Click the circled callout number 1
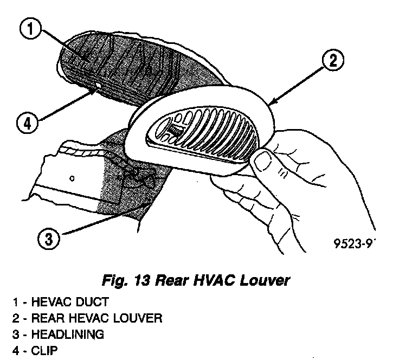coord(31,30)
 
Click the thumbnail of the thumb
coord(264,161)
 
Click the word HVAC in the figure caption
coord(210,281)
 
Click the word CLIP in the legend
coord(44,350)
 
